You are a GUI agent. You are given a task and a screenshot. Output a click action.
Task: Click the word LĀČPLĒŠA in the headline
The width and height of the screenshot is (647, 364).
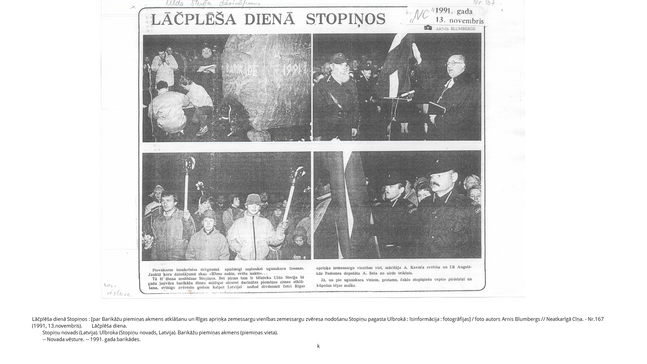click(x=193, y=19)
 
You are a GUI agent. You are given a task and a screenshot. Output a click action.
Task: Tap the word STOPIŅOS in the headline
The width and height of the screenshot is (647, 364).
click(x=345, y=19)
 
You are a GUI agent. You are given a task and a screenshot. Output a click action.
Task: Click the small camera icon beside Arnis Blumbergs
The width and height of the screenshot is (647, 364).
click(x=428, y=28)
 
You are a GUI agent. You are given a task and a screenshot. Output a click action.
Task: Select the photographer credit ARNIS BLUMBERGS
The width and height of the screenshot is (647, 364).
click(x=455, y=29)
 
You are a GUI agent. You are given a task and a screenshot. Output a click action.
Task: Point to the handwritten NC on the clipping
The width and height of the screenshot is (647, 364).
click(x=421, y=15)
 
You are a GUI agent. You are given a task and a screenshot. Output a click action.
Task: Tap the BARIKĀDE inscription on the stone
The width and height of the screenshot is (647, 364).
click(x=241, y=70)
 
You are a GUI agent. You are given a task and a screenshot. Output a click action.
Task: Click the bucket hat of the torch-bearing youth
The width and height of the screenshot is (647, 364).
click(x=253, y=199)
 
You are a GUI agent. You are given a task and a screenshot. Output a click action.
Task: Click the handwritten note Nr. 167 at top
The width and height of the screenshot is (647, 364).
click(x=484, y=3)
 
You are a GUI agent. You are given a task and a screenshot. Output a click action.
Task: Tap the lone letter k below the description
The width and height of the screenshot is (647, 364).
click(x=318, y=346)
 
